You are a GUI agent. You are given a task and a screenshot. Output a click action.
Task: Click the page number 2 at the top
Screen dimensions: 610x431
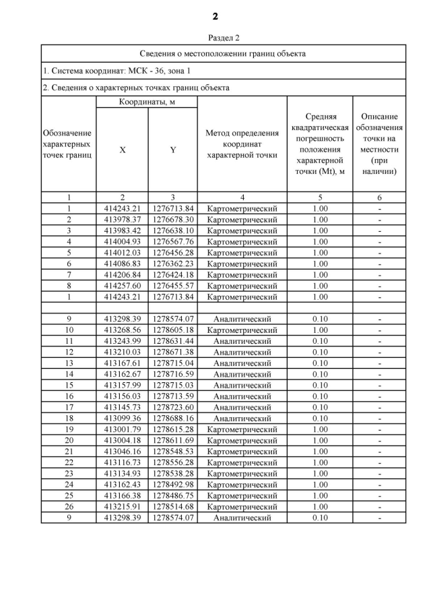pos(215,16)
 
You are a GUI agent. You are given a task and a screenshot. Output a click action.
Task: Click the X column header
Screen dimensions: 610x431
pos(123,150)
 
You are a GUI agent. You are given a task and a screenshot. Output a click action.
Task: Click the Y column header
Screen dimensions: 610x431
pos(173,150)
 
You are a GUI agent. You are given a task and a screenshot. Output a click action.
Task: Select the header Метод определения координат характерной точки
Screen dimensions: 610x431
pos(242,144)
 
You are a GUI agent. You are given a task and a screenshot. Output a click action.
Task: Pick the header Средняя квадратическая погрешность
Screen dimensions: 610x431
pos(321,144)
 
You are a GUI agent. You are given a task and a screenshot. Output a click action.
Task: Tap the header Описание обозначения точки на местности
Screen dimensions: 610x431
pos(380,144)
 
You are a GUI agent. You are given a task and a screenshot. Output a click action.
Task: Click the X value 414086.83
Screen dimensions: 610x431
pos(123,264)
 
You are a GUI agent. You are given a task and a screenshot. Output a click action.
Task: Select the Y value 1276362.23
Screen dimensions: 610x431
pos(173,264)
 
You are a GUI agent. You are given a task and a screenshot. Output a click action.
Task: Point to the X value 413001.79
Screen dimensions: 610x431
pos(123,429)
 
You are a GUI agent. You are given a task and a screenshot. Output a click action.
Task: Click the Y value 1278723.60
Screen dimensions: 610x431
pos(173,407)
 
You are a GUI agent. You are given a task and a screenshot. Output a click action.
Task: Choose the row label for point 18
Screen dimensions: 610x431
pos(69,418)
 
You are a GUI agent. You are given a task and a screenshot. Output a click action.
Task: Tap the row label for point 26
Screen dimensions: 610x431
pos(69,506)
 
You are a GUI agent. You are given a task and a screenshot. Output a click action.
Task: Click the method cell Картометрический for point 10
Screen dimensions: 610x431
pos(242,330)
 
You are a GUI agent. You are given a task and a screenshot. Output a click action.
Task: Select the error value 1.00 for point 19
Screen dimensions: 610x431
pos(321,429)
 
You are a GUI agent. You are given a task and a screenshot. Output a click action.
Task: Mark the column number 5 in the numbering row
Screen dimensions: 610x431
pos(321,197)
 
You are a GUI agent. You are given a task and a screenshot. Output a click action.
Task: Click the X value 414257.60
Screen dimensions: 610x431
pos(123,286)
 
